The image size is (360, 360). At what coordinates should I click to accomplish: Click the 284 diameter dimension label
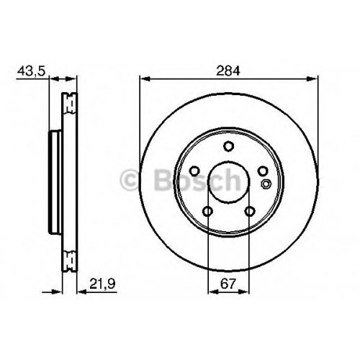click(228, 71)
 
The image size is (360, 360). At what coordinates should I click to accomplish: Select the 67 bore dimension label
click(228, 284)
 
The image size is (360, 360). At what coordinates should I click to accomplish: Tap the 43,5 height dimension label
click(31, 71)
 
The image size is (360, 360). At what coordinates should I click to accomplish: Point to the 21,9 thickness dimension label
click(102, 284)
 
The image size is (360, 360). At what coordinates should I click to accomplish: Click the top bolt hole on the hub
click(228, 146)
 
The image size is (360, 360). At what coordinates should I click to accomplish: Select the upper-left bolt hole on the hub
click(194, 171)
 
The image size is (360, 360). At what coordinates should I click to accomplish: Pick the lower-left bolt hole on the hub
click(208, 211)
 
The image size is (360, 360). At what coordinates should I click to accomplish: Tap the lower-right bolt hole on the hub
click(249, 211)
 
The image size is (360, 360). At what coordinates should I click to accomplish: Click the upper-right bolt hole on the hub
click(263, 171)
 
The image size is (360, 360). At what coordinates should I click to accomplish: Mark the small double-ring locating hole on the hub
click(266, 184)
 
